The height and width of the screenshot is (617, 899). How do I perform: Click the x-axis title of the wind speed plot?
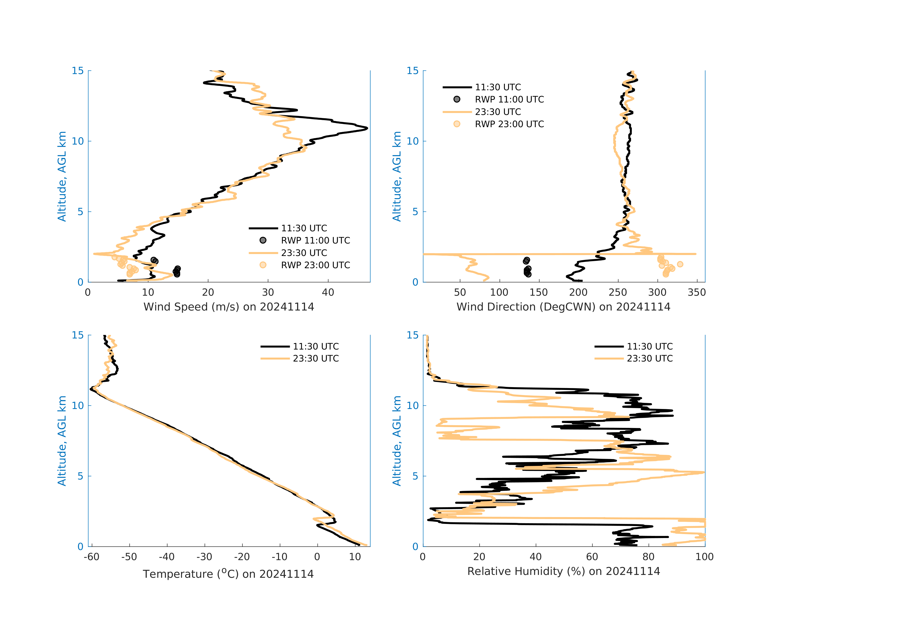(229, 307)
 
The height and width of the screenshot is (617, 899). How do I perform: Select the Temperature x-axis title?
(228, 574)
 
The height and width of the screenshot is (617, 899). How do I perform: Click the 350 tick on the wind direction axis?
(696, 292)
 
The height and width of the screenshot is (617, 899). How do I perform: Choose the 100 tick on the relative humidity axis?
(704, 557)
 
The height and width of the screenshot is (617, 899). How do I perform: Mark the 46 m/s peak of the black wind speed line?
(366, 128)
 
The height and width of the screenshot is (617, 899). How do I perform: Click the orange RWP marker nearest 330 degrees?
(680, 264)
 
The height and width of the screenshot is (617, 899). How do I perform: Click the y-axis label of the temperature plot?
(62, 441)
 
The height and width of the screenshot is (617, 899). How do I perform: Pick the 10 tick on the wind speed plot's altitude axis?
(78, 141)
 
